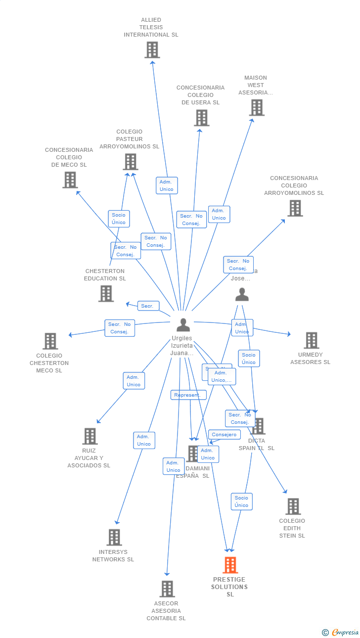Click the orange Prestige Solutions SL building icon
click(230, 565)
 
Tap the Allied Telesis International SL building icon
click(152, 49)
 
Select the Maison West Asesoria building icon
click(256, 107)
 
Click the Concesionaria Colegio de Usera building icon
click(201, 118)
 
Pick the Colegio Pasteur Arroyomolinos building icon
click(130, 162)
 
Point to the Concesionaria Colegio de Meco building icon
click(70, 180)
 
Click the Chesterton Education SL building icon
click(106, 293)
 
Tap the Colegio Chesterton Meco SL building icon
click(50, 341)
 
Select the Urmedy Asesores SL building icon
click(311, 340)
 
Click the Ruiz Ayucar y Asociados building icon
click(90, 436)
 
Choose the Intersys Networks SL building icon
click(114, 537)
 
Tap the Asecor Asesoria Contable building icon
click(167, 589)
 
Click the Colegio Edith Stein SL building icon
click(293, 506)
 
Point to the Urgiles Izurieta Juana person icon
click(183, 325)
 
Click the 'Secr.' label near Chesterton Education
click(148, 306)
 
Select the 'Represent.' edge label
click(188, 395)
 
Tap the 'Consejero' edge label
click(225, 435)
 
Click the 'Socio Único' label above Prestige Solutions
click(241, 501)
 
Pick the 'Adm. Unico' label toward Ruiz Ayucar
click(134, 381)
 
